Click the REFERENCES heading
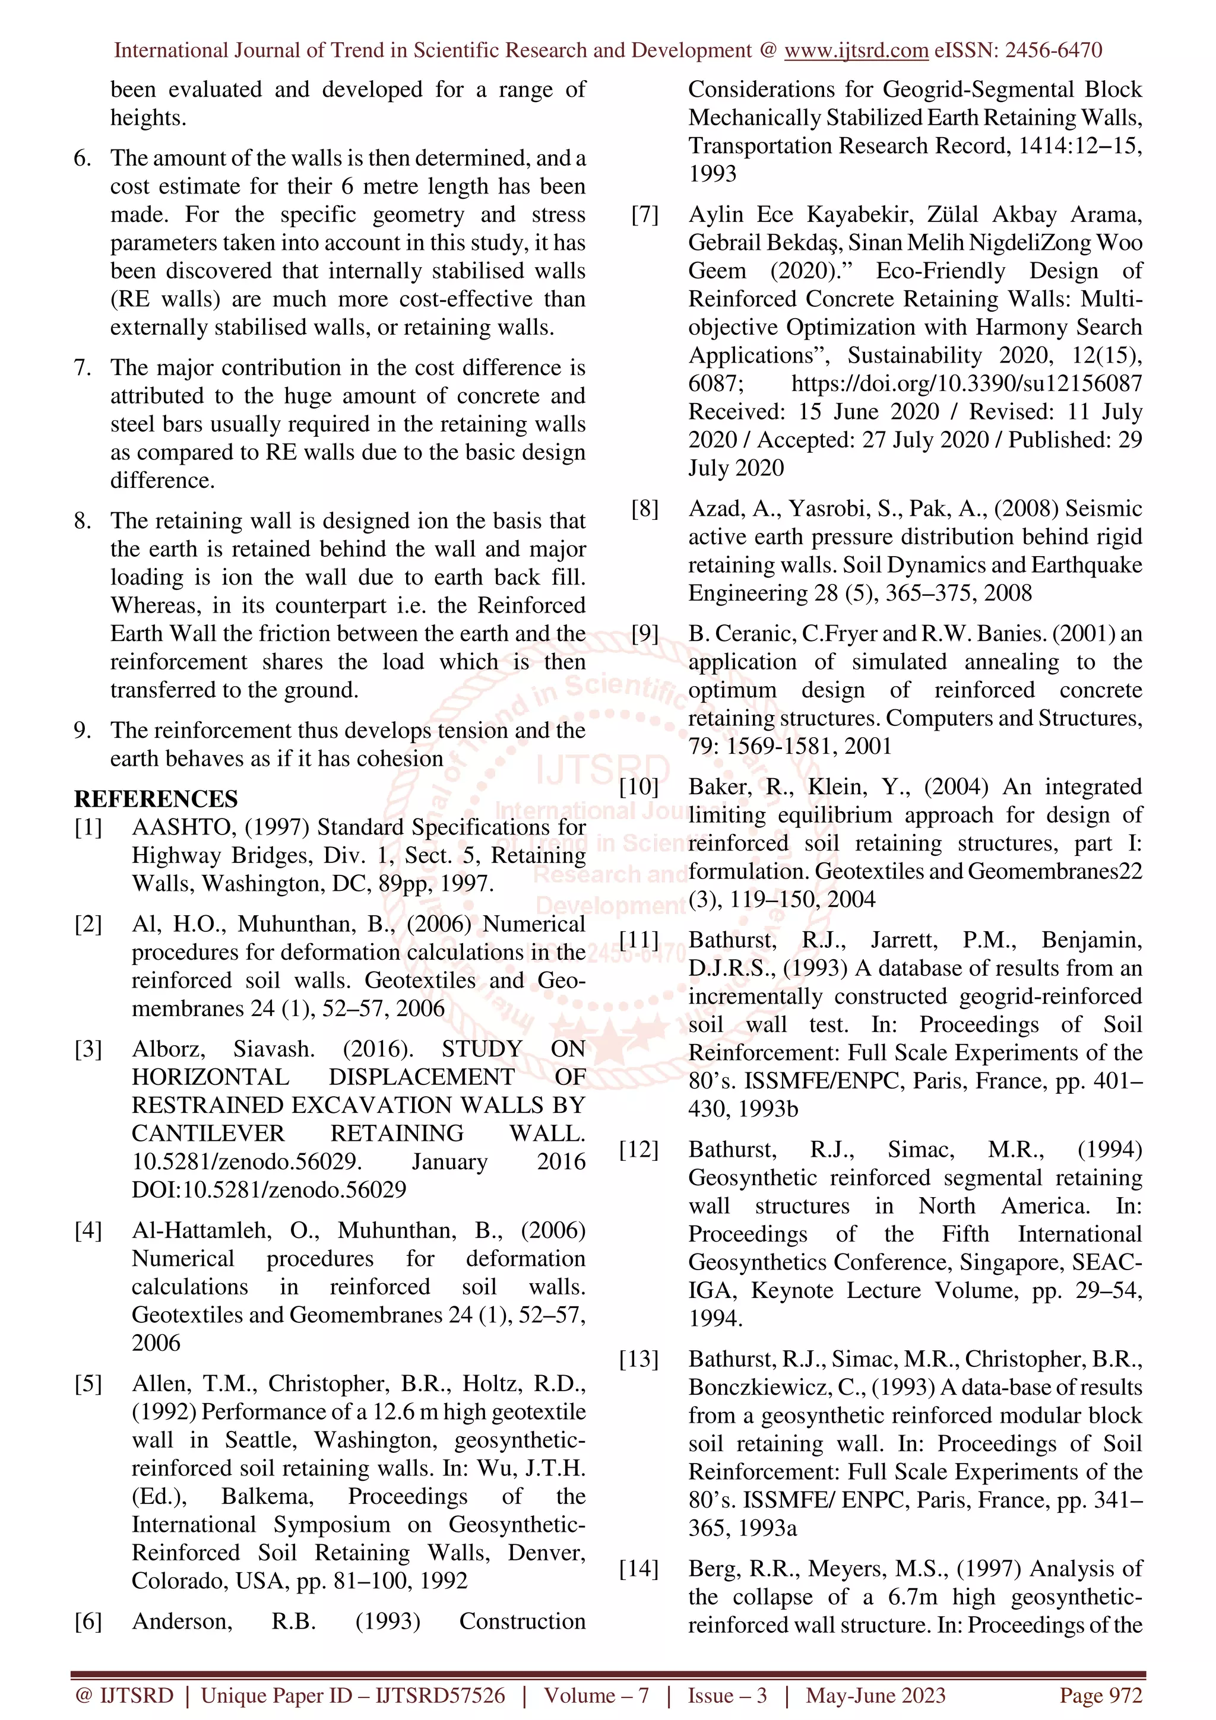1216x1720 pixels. [156, 799]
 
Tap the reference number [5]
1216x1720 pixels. [88, 1383]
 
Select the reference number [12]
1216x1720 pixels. [639, 1149]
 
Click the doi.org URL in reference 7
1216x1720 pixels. [967, 383]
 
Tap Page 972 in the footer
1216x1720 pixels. [1100, 1695]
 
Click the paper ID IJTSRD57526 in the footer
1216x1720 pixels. [440, 1695]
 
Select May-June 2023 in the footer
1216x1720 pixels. [875, 1695]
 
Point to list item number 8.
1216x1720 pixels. [83, 521]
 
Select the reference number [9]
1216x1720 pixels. [644, 634]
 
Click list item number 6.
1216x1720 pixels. [83, 158]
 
